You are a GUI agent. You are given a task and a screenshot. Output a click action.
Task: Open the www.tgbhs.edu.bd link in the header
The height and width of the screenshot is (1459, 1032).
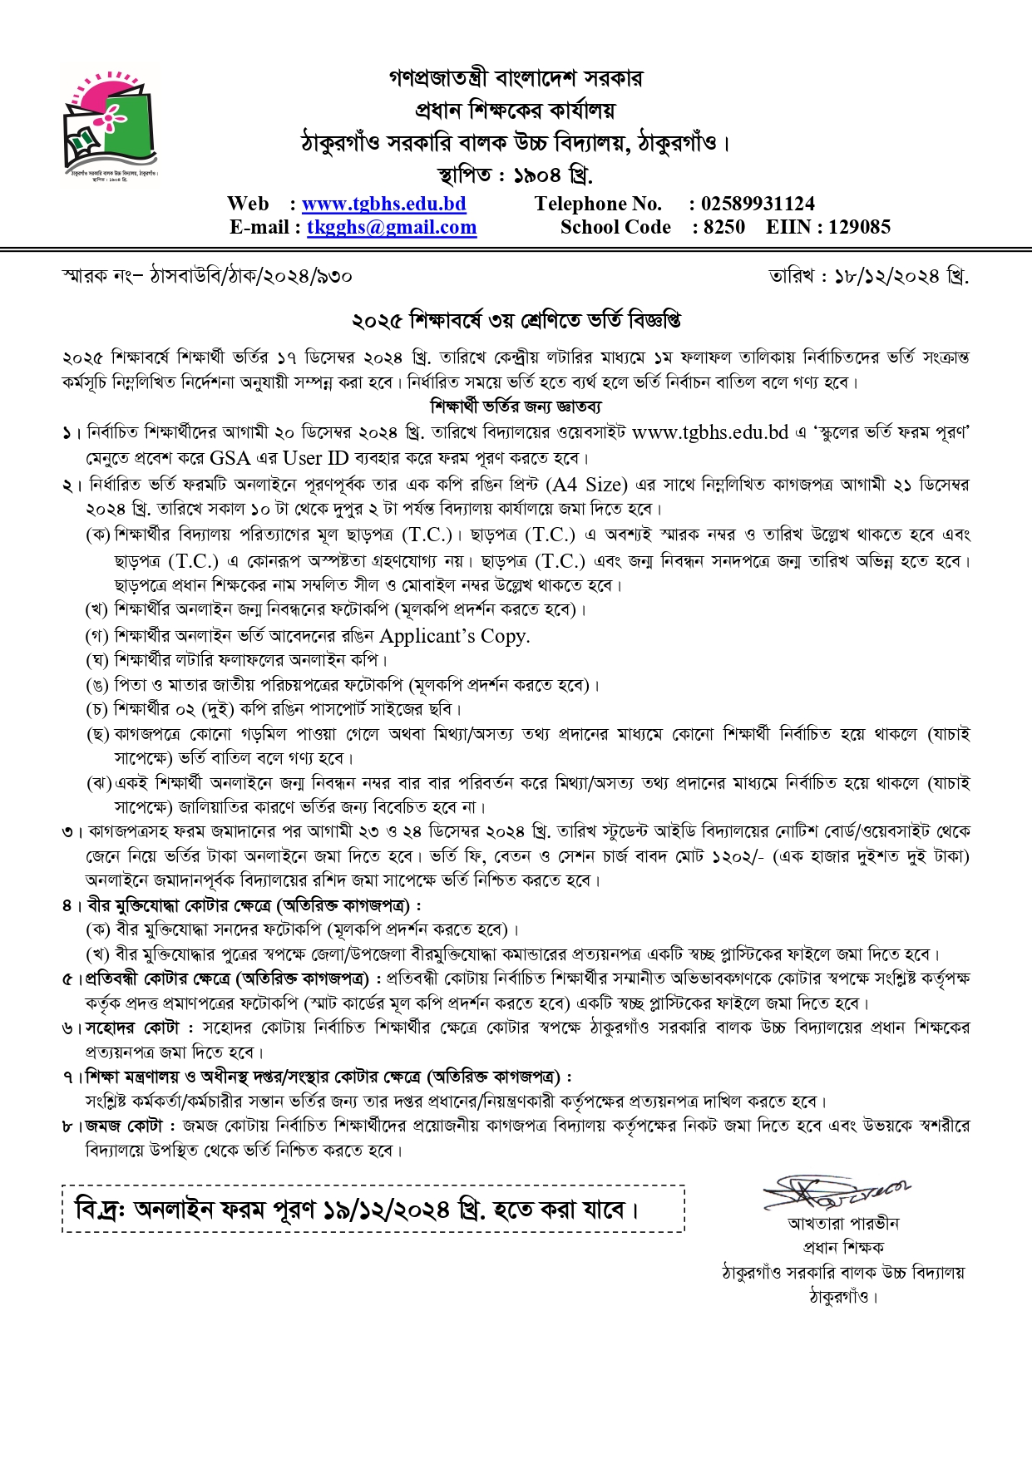383,205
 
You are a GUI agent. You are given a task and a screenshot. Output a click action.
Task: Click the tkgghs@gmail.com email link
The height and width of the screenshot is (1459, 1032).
392,228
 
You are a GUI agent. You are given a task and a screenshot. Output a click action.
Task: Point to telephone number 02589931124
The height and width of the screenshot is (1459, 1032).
758,205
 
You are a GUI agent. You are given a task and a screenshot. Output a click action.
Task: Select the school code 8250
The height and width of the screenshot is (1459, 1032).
723,228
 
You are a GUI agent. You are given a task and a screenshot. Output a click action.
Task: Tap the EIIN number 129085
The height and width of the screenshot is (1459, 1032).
859,228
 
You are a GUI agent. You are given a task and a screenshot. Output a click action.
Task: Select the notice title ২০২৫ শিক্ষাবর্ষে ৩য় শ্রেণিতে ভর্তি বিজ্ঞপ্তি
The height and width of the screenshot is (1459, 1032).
516,320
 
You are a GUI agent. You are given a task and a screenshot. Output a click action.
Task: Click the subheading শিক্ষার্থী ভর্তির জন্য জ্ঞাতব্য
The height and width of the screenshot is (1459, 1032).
516,407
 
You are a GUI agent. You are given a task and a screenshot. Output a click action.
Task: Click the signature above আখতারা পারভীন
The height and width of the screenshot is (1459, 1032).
836,1195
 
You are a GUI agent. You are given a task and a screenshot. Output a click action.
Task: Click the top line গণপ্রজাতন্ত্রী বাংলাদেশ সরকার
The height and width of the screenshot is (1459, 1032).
516,79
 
